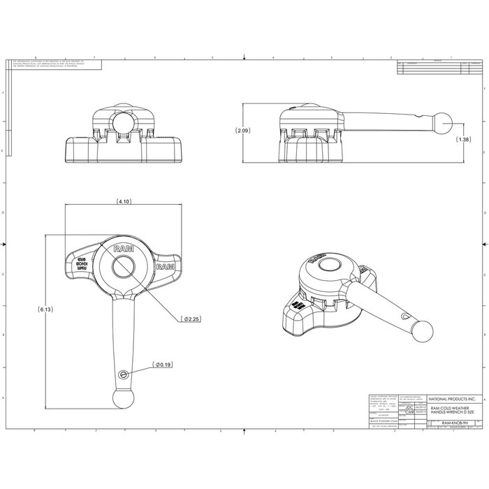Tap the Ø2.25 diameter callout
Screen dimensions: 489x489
(x=191, y=319)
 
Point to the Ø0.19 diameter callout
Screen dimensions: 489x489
(x=162, y=364)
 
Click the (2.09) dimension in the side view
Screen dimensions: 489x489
(x=242, y=131)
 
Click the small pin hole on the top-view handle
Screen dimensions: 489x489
(x=124, y=374)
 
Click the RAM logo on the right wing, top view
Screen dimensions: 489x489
(x=165, y=267)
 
